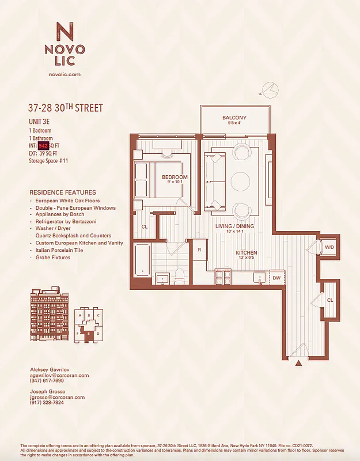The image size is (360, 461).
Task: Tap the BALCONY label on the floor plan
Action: click(234, 118)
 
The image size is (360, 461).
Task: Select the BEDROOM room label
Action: click(174, 177)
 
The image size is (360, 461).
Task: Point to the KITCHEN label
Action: click(246, 253)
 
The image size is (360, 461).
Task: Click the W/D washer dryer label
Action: click(329, 247)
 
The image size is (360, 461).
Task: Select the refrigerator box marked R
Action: click(199, 250)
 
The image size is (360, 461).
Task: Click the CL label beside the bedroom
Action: click(145, 227)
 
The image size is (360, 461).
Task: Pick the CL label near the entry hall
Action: click(329, 300)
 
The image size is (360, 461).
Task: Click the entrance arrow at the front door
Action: click(298, 363)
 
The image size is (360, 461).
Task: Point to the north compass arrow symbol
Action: click(269, 89)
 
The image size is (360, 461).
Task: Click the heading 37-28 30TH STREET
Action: click(65, 108)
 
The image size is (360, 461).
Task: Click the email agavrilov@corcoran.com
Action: click(59, 375)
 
